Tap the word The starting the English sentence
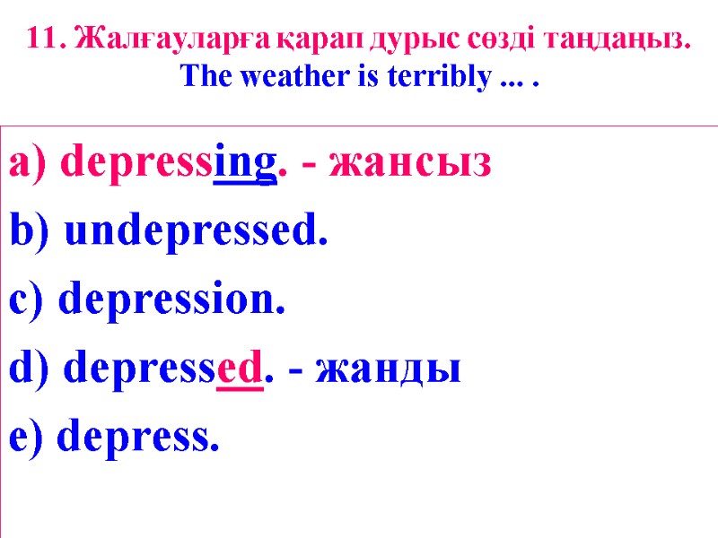click(201, 78)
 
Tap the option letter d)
click(32, 367)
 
